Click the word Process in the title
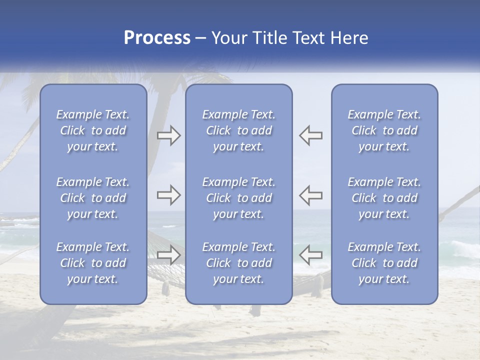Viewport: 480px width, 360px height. coord(157,38)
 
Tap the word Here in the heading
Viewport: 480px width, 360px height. coord(348,38)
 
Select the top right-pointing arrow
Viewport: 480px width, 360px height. coord(168,135)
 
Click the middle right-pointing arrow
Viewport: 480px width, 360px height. coord(168,195)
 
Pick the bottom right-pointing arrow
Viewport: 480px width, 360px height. coord(168,255)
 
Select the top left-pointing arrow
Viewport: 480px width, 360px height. coord(310,135)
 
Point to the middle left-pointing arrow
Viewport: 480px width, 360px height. coord(310,195)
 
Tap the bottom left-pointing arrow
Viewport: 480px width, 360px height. coord(310,255)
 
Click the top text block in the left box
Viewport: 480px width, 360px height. coord(93,130)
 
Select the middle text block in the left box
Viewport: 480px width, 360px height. coord(93,198)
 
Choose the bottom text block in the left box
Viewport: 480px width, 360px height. coord(93,263)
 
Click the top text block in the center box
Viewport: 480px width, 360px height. coord(239,130)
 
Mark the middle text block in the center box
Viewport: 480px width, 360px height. coord(239,198)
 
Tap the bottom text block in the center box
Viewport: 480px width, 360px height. coord(239,263)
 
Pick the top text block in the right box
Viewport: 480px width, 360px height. coord(384,130)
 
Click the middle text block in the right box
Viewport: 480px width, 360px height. coord(384,198)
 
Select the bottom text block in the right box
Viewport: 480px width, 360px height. coord(384,263)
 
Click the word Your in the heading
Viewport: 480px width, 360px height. coord(228,38)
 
